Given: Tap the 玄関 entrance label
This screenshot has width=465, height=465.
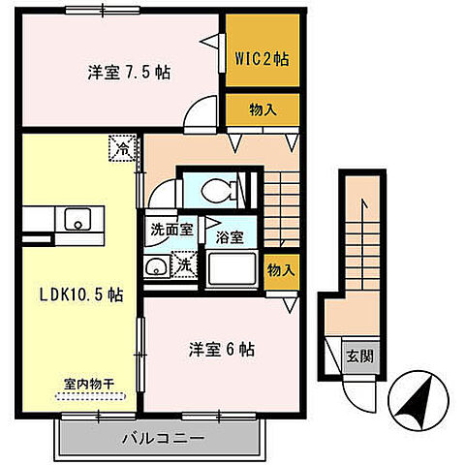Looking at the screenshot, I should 360,355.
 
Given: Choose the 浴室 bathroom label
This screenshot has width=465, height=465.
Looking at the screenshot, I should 229,236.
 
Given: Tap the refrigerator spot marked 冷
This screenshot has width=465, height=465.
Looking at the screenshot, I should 122,148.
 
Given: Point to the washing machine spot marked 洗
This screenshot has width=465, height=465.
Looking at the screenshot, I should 184,264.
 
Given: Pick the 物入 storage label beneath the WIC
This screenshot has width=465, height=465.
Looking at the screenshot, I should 262,109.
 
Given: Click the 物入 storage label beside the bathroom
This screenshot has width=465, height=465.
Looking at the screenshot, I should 281,270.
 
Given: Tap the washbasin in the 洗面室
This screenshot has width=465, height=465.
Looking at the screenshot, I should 156,268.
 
